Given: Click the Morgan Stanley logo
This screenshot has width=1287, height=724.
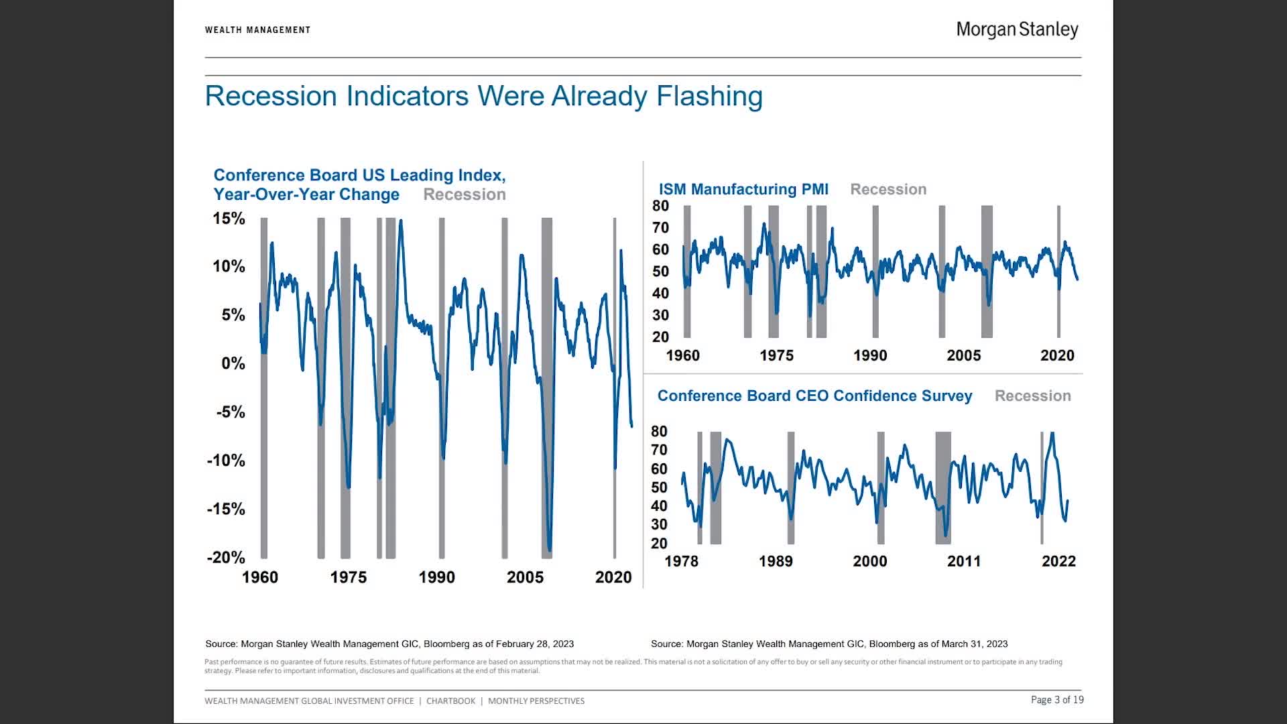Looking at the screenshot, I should (x=1017, y=29).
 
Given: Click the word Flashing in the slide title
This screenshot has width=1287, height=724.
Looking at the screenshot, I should (x=709, y=96).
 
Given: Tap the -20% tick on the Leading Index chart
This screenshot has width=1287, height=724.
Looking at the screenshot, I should (x=226, y=558).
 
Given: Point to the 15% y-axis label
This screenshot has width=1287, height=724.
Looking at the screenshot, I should (x=229, y=219).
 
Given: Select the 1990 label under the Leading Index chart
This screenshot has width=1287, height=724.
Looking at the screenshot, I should (x=436, y=577).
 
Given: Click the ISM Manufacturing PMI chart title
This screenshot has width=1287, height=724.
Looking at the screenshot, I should (x=743, y=189).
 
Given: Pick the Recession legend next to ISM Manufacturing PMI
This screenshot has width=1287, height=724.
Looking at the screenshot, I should (x=888, y=189).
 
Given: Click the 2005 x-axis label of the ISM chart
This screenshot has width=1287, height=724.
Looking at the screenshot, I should (x=963, y=355).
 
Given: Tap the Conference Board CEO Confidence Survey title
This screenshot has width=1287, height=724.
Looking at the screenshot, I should (x=814, y=396).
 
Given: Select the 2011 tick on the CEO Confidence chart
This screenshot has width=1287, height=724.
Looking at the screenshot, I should (x=964, y=561).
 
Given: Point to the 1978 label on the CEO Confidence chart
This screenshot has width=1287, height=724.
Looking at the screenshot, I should (x=681, y=561).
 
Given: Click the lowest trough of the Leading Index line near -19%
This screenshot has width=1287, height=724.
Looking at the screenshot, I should (x=550, y=550).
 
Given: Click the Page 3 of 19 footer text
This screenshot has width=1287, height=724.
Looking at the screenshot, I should (x=1057, y=700).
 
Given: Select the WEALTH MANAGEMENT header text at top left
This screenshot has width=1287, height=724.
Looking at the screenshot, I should (x=257, y=29).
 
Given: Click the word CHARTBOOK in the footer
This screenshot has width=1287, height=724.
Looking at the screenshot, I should (x=450, y=701).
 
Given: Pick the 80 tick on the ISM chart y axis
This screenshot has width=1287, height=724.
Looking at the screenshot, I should (x=660, y=206).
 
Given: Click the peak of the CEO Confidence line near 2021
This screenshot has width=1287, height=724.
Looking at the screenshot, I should (x=1052, y=434).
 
